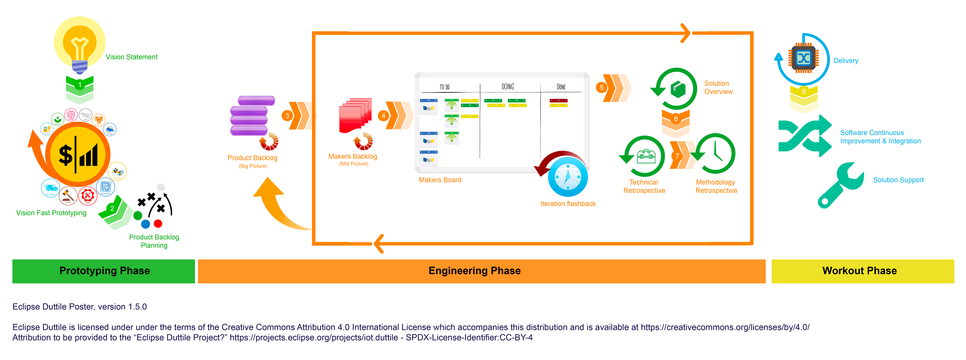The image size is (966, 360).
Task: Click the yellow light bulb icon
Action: (79, 47)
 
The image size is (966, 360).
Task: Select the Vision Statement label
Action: (131, 57)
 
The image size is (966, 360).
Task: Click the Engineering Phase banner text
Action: (474, 271)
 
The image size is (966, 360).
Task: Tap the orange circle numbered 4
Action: (383, 116)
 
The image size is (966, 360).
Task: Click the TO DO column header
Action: (444, 87)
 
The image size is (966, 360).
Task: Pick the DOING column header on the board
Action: (508, 87)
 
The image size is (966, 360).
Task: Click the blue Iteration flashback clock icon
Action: (567, 176)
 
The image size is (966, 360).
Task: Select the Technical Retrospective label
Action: (644, 186)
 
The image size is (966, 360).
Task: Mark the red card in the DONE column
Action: (558, 101)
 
